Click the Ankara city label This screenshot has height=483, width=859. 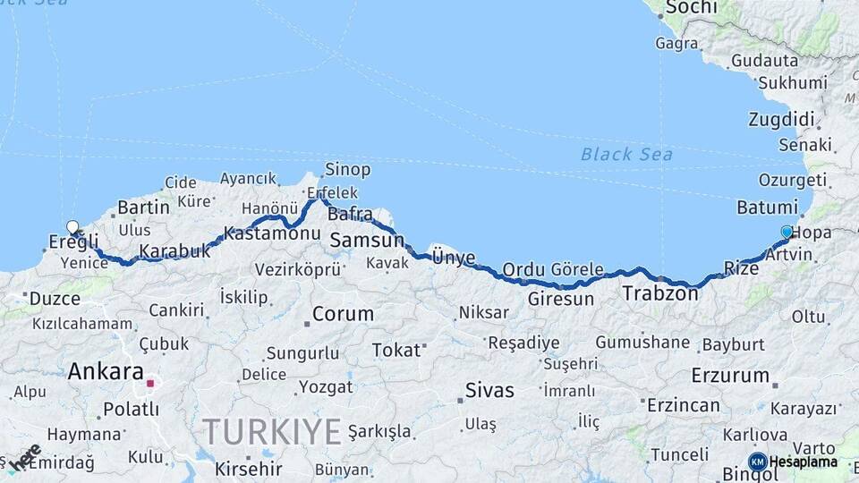click(106, 371)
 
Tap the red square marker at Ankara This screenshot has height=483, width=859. click(151, 384)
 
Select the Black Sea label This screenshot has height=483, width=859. click(626, 154)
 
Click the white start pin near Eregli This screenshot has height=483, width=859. click(72, 227)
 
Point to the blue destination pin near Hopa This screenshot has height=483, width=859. click(787, 232)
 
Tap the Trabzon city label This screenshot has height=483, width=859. click(660, 292)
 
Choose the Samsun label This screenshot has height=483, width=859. click(367, 240)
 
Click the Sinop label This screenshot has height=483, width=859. click(347, 169)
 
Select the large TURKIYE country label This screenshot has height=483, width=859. click(272, 432)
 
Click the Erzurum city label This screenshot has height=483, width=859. click(730, 376)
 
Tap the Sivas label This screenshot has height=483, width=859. click(489, 390)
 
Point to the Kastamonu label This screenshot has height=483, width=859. click(272, 233)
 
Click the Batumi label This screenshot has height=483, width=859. click(767, 208)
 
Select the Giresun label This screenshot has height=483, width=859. click(561, 299)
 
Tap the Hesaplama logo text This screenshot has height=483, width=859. click(803, 462)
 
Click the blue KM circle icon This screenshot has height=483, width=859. click(757, 462)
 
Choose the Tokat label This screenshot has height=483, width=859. click(395, 349)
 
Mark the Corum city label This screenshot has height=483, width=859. click(343, 315)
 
